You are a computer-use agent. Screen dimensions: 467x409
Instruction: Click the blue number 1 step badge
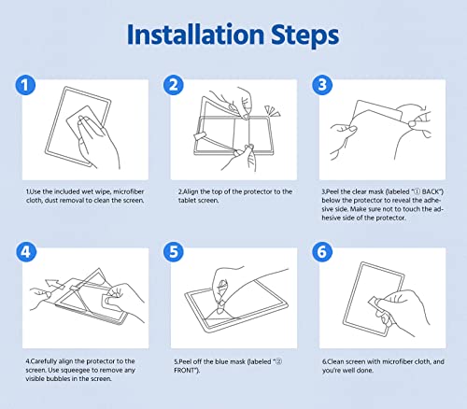25,85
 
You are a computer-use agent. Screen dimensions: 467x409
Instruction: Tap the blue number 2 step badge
174,85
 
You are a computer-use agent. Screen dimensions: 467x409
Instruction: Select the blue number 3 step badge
322,85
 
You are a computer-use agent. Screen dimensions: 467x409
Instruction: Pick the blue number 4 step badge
26,252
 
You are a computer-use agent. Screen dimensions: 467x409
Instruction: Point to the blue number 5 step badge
174,252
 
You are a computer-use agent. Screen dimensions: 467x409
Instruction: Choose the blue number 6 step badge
322,252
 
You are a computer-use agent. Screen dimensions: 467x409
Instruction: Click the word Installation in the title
196,35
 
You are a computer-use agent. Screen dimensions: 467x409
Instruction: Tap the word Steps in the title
304,36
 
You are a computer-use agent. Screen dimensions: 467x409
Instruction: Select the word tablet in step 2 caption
185,201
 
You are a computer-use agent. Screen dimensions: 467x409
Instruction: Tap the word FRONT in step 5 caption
184,371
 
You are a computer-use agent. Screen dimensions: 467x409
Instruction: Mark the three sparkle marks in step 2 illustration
272,111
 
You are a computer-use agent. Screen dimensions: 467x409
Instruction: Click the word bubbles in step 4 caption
58,379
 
